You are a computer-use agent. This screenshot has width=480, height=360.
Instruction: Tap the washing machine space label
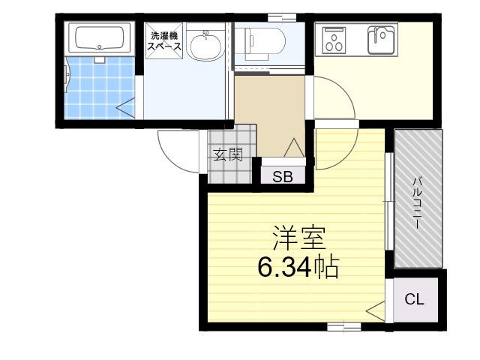pos(164,41)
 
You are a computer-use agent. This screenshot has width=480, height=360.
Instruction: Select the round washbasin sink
pos(205,45)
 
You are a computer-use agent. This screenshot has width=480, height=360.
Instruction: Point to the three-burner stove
pos(334,40)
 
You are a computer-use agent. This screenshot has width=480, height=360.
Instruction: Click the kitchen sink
pos(381,40)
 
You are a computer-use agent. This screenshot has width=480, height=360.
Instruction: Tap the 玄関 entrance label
pos(228,154)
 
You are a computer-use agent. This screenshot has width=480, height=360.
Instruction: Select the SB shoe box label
pos(283,176)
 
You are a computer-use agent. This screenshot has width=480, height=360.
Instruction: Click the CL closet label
pos(415,299)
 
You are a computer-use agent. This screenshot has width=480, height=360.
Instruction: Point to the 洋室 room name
pos(298,238)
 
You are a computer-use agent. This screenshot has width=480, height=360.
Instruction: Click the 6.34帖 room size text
pos(298,267)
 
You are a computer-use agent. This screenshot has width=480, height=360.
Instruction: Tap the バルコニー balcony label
pos(418,202)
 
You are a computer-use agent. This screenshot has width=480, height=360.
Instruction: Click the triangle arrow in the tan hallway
pos(294,148)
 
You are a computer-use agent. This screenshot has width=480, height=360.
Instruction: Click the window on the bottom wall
pos(344,327)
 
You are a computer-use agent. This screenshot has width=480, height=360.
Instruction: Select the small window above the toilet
pos(282,17)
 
